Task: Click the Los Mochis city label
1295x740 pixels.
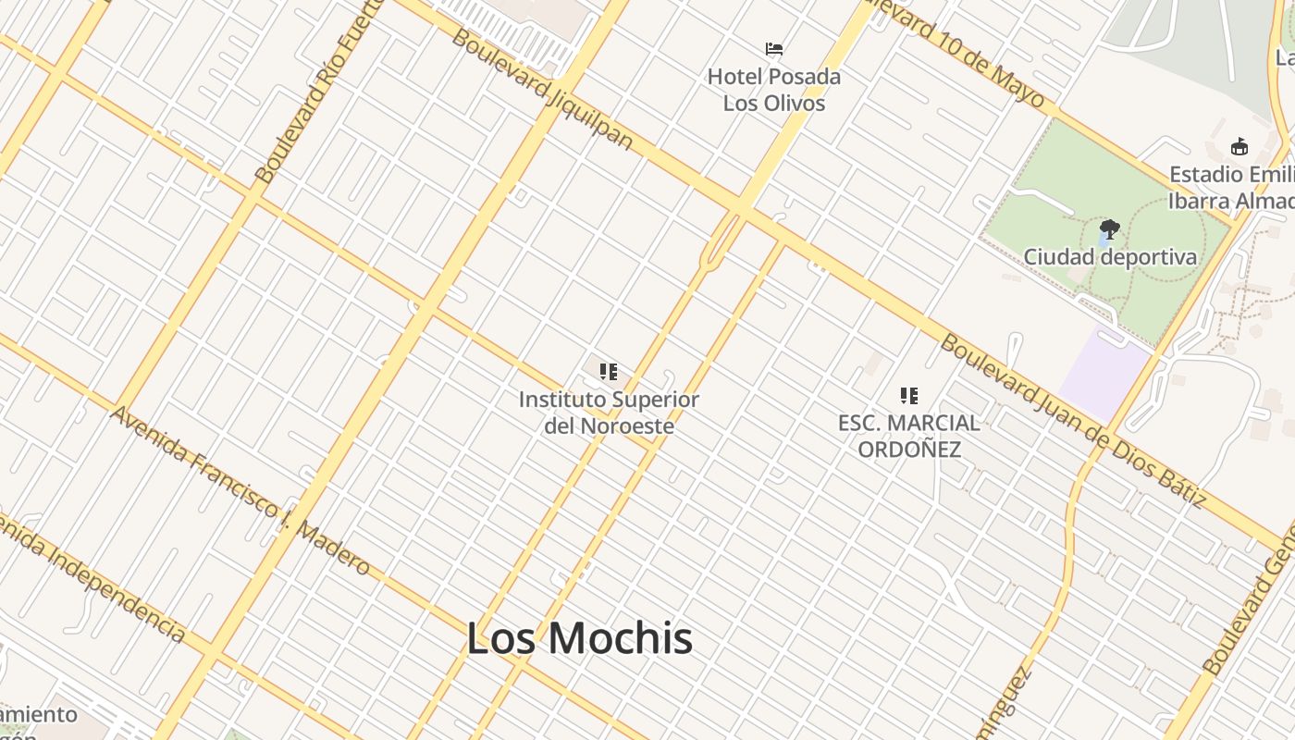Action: click(x=579, y=638)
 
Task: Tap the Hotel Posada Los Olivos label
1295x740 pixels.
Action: click(x=774, y=90)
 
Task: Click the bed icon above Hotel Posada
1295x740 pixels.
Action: click(x=774, y=49)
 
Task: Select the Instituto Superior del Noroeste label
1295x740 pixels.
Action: click(x=609, y=413)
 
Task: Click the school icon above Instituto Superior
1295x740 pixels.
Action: click(x=608, y=372)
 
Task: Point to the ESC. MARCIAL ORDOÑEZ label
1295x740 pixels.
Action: click(x=908, y=436)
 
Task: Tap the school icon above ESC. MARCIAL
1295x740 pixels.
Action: click(x=909, y=396)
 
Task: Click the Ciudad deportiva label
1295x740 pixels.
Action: click(x=1109, y=257)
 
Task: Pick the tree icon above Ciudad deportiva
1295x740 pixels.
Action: click(x=1109, y=228)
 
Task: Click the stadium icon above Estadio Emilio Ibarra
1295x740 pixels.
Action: click(x=1239, y=146)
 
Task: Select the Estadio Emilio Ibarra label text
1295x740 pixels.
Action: click(x=1230, y=188)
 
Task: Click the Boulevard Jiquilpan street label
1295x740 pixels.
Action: click(x=543, y=90)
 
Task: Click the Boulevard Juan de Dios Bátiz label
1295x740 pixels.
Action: click(x=1073, y=421)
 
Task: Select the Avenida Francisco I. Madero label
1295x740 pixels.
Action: click(x=240, y=490)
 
